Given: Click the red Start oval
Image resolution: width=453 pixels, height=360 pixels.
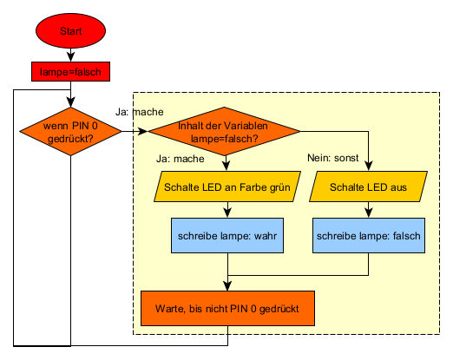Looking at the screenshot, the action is coord(70,30).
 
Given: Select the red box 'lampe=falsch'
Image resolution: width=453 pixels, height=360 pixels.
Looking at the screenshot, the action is coord(70,71).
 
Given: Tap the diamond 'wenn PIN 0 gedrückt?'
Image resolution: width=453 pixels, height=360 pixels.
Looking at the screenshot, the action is coord(70,132).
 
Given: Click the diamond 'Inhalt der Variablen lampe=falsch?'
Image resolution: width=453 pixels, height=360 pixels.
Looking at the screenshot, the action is coord(224,131).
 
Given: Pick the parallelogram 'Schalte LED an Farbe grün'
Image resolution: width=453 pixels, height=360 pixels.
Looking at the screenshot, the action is coord(227,187).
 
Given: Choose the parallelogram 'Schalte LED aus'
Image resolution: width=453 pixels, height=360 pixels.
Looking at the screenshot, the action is coord(368,187).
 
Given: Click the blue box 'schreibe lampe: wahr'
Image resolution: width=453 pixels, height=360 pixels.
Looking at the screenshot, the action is coord(227,236).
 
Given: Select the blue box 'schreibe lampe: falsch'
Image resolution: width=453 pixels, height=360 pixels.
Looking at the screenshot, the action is coord(369,236).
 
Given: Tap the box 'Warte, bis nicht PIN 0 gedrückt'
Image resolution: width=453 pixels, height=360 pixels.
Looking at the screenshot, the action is coord(227,309).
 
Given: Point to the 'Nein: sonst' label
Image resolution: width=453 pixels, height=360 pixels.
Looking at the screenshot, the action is coord(333,158).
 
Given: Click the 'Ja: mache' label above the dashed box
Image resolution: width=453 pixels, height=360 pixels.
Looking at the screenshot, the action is coord(140,112).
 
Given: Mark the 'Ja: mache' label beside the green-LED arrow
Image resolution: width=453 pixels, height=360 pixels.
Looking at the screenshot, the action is coord(181,159).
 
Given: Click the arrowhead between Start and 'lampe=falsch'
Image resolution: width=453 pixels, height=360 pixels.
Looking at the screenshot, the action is coord(70,57).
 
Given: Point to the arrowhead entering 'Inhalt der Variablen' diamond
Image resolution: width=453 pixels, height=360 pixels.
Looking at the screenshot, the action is coord(143,131).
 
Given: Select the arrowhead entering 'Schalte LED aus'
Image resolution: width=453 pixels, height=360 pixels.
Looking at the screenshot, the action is coord(369,167).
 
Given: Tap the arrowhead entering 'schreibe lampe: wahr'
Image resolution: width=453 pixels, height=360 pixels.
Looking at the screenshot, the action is coord(227,213).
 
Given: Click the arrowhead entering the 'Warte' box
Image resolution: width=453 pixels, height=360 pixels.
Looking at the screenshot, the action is coord(227,286).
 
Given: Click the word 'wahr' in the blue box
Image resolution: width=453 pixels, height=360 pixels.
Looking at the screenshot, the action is coord(266,236).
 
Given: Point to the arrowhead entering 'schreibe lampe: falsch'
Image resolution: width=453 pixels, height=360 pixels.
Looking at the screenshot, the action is coord(369,213).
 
